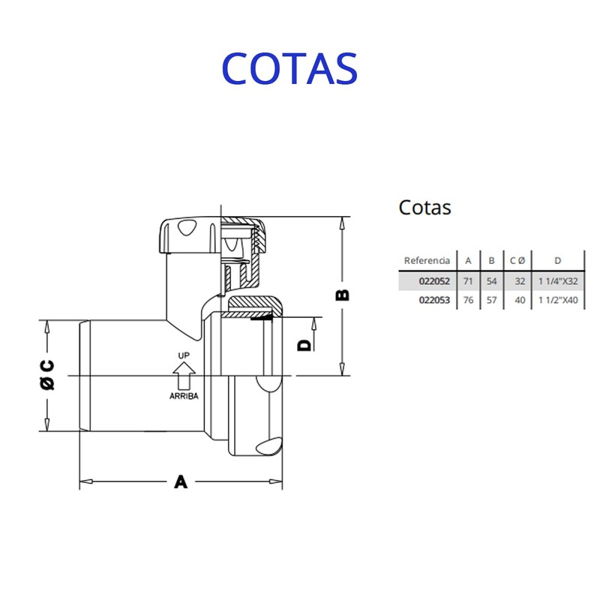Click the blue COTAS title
(289, 68)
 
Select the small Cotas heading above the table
(424, 207)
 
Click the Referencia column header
(427, 260)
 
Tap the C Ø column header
(517, 260)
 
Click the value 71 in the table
(468, 280)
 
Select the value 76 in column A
(468, 300)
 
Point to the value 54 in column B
(491, 280)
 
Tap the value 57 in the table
(491, 300)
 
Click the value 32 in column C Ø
(519, 280)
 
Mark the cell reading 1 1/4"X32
(558, 280)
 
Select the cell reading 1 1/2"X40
(558, 300)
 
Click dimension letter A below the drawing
(181, 481)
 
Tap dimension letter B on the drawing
(342, 295)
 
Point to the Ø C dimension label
(46, 375)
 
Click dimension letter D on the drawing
(304, 344)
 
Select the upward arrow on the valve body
(184, 371)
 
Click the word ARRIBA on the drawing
(184, 396)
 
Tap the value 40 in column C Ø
(519, 300)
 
